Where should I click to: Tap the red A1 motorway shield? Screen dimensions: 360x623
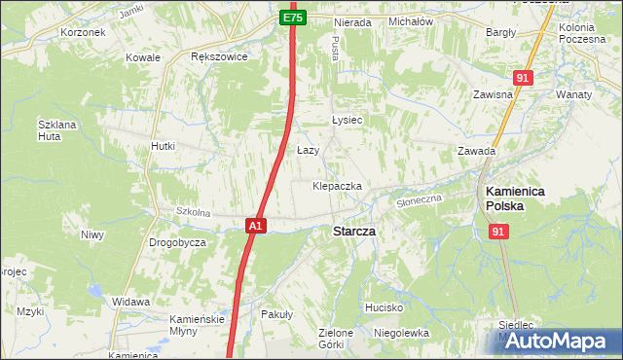click(x=254, y=226)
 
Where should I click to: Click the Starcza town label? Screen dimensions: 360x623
click(x=354, y=232)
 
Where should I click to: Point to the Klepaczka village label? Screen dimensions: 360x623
click(x=337, y=185)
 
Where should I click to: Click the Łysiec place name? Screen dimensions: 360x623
click(x=347, y=120)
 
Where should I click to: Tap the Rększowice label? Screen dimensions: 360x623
click(x=219, y=56)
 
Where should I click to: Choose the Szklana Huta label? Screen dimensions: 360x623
click(x=55, y=131)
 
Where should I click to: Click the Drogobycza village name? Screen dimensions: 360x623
click(x=177, y=242)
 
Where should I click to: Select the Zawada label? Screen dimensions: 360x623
click(x=477, y=151)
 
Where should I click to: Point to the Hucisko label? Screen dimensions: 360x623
click(x=384, y=306)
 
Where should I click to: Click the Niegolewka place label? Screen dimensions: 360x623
click(x=401, y=333)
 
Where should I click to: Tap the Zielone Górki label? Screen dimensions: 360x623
click(x=336, y=339)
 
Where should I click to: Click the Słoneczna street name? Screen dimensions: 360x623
click(x=420, y=199)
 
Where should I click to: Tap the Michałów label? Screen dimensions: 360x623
click(x=410, y=20)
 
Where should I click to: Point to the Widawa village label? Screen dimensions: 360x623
click(x=130, y=302)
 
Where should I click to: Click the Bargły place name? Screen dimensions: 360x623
click(x=500, y=32)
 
